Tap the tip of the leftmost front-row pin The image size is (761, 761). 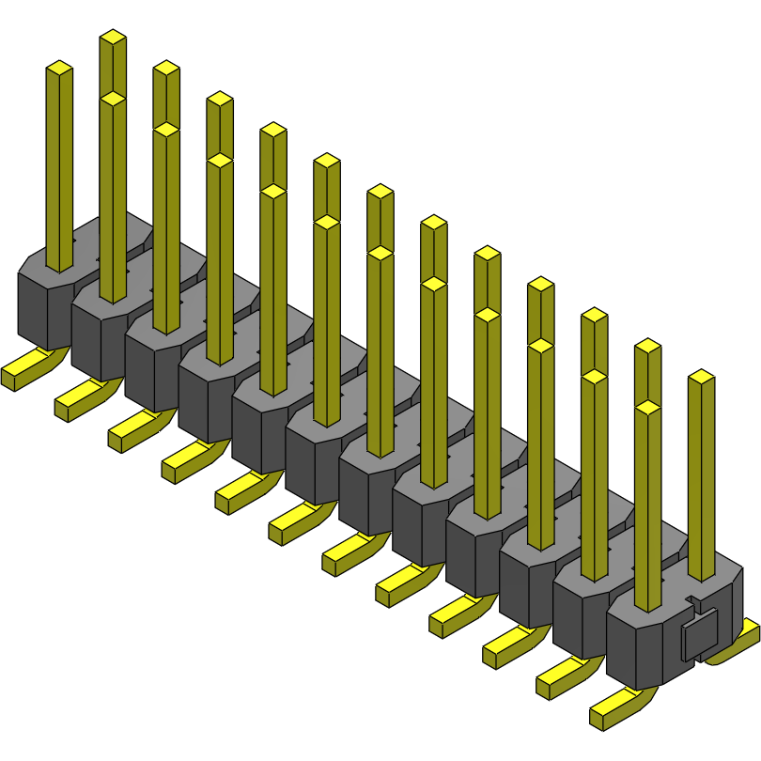tap(59, 69)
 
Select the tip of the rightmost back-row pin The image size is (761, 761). tap(701, 377)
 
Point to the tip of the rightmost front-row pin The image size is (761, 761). tap(647, 408)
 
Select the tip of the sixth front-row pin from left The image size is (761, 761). tap(326, 223)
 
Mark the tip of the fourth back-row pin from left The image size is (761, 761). tap(272, 130)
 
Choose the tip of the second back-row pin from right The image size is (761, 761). tap(647, 346)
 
